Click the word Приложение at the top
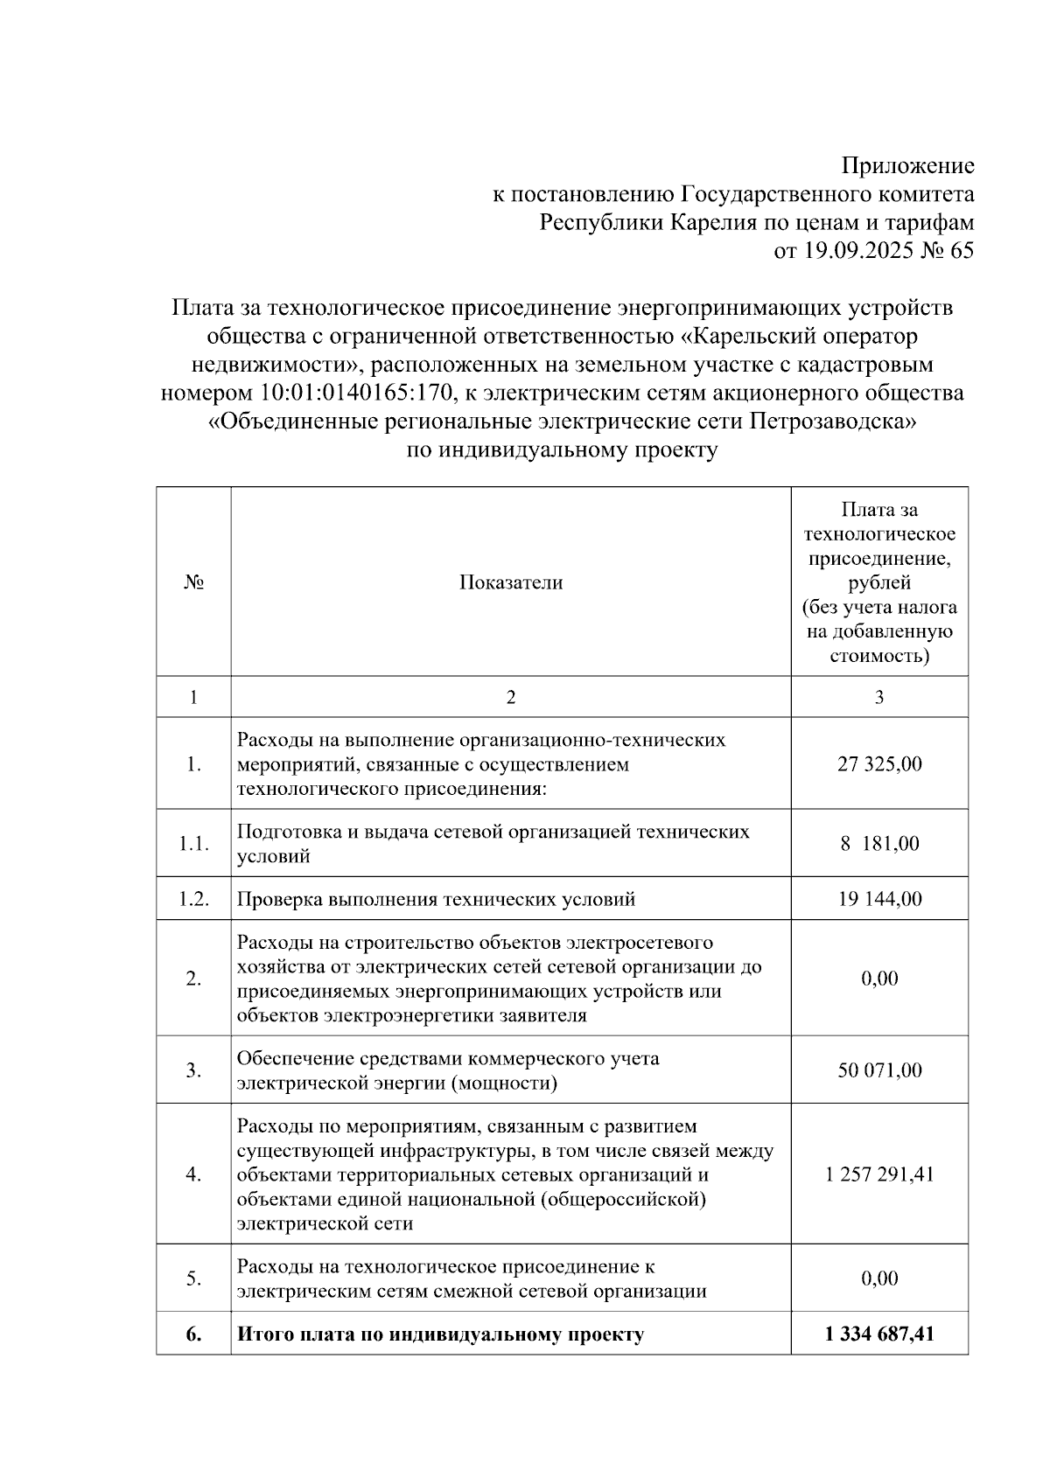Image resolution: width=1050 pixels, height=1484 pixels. click(907, 165)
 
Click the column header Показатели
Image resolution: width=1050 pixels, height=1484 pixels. click(511, 582)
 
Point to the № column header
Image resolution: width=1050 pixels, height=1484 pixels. click(193, 582)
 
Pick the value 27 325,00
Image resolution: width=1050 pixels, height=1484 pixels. click(879, 763)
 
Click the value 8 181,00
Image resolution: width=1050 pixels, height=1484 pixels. click(879, 844)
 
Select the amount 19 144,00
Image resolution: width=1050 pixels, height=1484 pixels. click(879, 899)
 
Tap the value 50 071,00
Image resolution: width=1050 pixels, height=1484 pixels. click(879, 1070)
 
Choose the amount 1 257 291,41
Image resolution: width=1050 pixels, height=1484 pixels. click(879, 1174)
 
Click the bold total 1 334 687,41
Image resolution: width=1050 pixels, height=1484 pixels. click(879, 1334)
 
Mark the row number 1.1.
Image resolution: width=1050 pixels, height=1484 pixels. click(193, 844)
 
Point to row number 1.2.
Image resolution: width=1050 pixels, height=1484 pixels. click(193, 899)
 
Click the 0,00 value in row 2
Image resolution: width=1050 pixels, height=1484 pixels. click(879, 979)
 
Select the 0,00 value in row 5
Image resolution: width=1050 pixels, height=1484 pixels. click(879, 1278)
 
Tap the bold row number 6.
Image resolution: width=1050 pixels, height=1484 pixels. click(193, 1334)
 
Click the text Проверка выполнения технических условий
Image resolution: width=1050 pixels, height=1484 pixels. click(436, 899)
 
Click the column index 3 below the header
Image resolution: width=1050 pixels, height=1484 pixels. click(879, 697)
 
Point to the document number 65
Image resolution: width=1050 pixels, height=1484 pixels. click(961, 251)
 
